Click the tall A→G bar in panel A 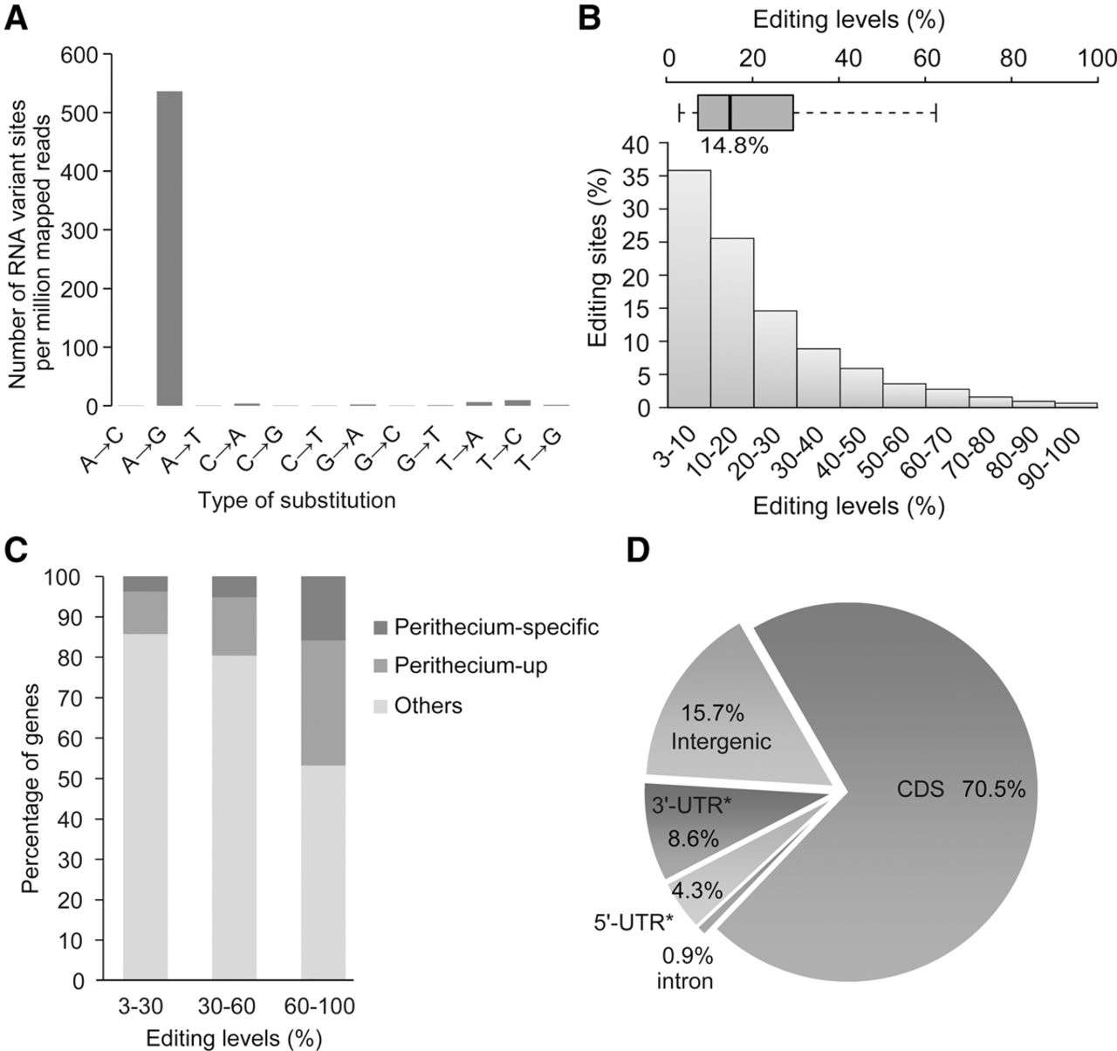coord(169,249)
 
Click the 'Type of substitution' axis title coord(297,501)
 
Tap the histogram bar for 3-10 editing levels coord(689,289)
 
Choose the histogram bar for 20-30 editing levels coord(775,359)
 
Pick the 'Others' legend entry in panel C coord(428,705)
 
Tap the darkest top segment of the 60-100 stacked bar coord(324,608)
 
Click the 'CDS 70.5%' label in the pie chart coord(961,789)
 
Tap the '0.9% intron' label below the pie coord(685,968)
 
